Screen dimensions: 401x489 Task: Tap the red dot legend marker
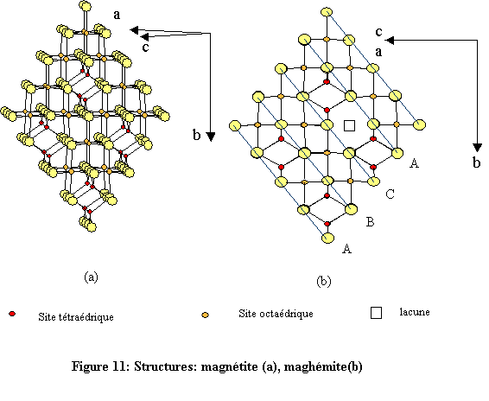[x=11, y=314]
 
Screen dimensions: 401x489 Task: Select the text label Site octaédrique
[x=276, y=313]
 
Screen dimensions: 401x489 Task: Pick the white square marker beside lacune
[x=376, y=313]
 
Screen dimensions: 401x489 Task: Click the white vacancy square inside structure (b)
[x=349, y=126]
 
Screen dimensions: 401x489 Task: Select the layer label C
[x=391, y=194]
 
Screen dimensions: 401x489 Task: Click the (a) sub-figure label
[x=92, y=277]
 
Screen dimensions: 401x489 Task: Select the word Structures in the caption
[x=164, y=366]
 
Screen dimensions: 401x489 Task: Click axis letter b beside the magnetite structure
[x=197, y=135]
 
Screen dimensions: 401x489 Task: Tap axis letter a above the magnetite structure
[x=117, y=14]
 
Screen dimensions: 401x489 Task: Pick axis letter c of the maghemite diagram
[x=378, y=32]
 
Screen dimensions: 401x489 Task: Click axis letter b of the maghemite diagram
[x=477, y=162]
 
